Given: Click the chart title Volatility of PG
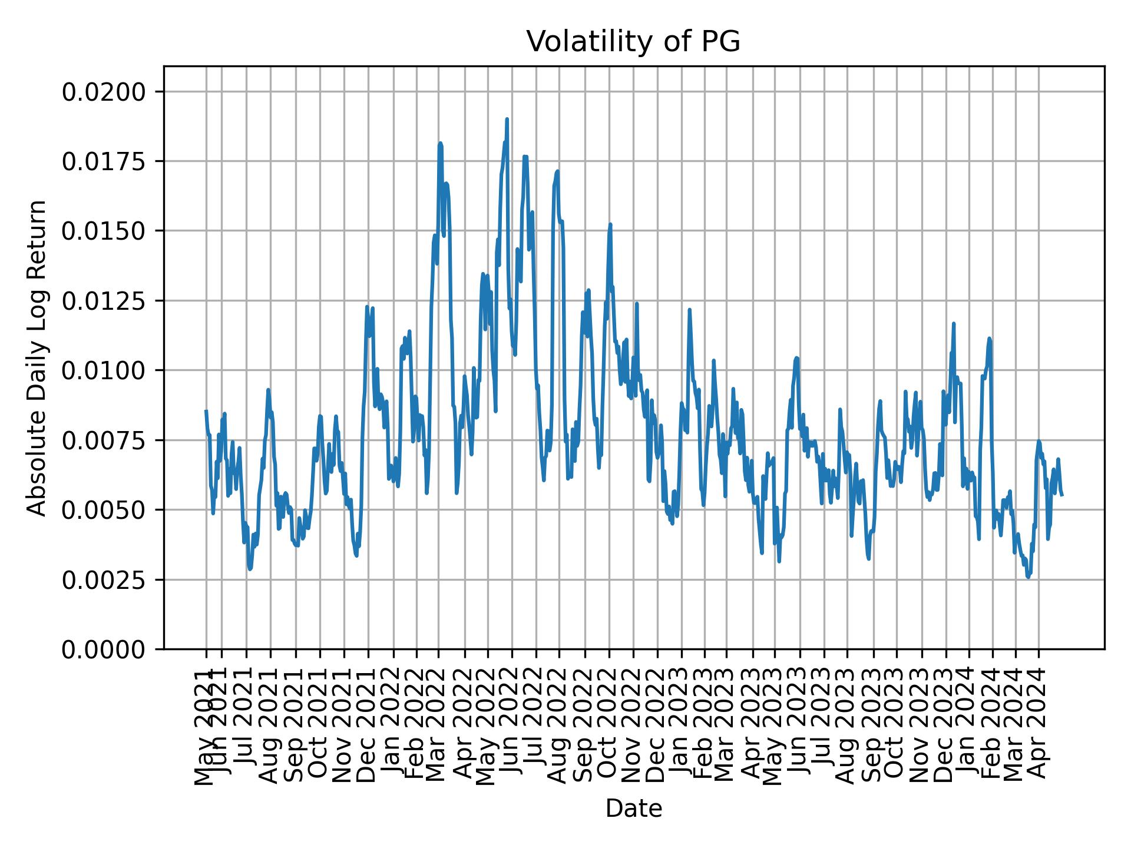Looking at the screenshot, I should click(633, 42).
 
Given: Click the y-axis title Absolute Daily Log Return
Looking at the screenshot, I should click(38, 357).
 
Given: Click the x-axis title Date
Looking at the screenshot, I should click(633, 809).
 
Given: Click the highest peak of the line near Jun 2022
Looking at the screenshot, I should click(507, 119).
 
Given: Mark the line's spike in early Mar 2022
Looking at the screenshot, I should click(440, 143).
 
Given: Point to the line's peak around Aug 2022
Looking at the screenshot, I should click(557, 171).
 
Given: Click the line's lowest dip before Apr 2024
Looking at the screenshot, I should click(1028, 578).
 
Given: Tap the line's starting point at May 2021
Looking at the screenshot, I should click(206, 410).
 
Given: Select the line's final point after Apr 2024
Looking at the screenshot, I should click(1062, 495).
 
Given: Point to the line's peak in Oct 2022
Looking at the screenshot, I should click(610, 224).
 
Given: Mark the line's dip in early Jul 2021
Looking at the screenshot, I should click(250, 569).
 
